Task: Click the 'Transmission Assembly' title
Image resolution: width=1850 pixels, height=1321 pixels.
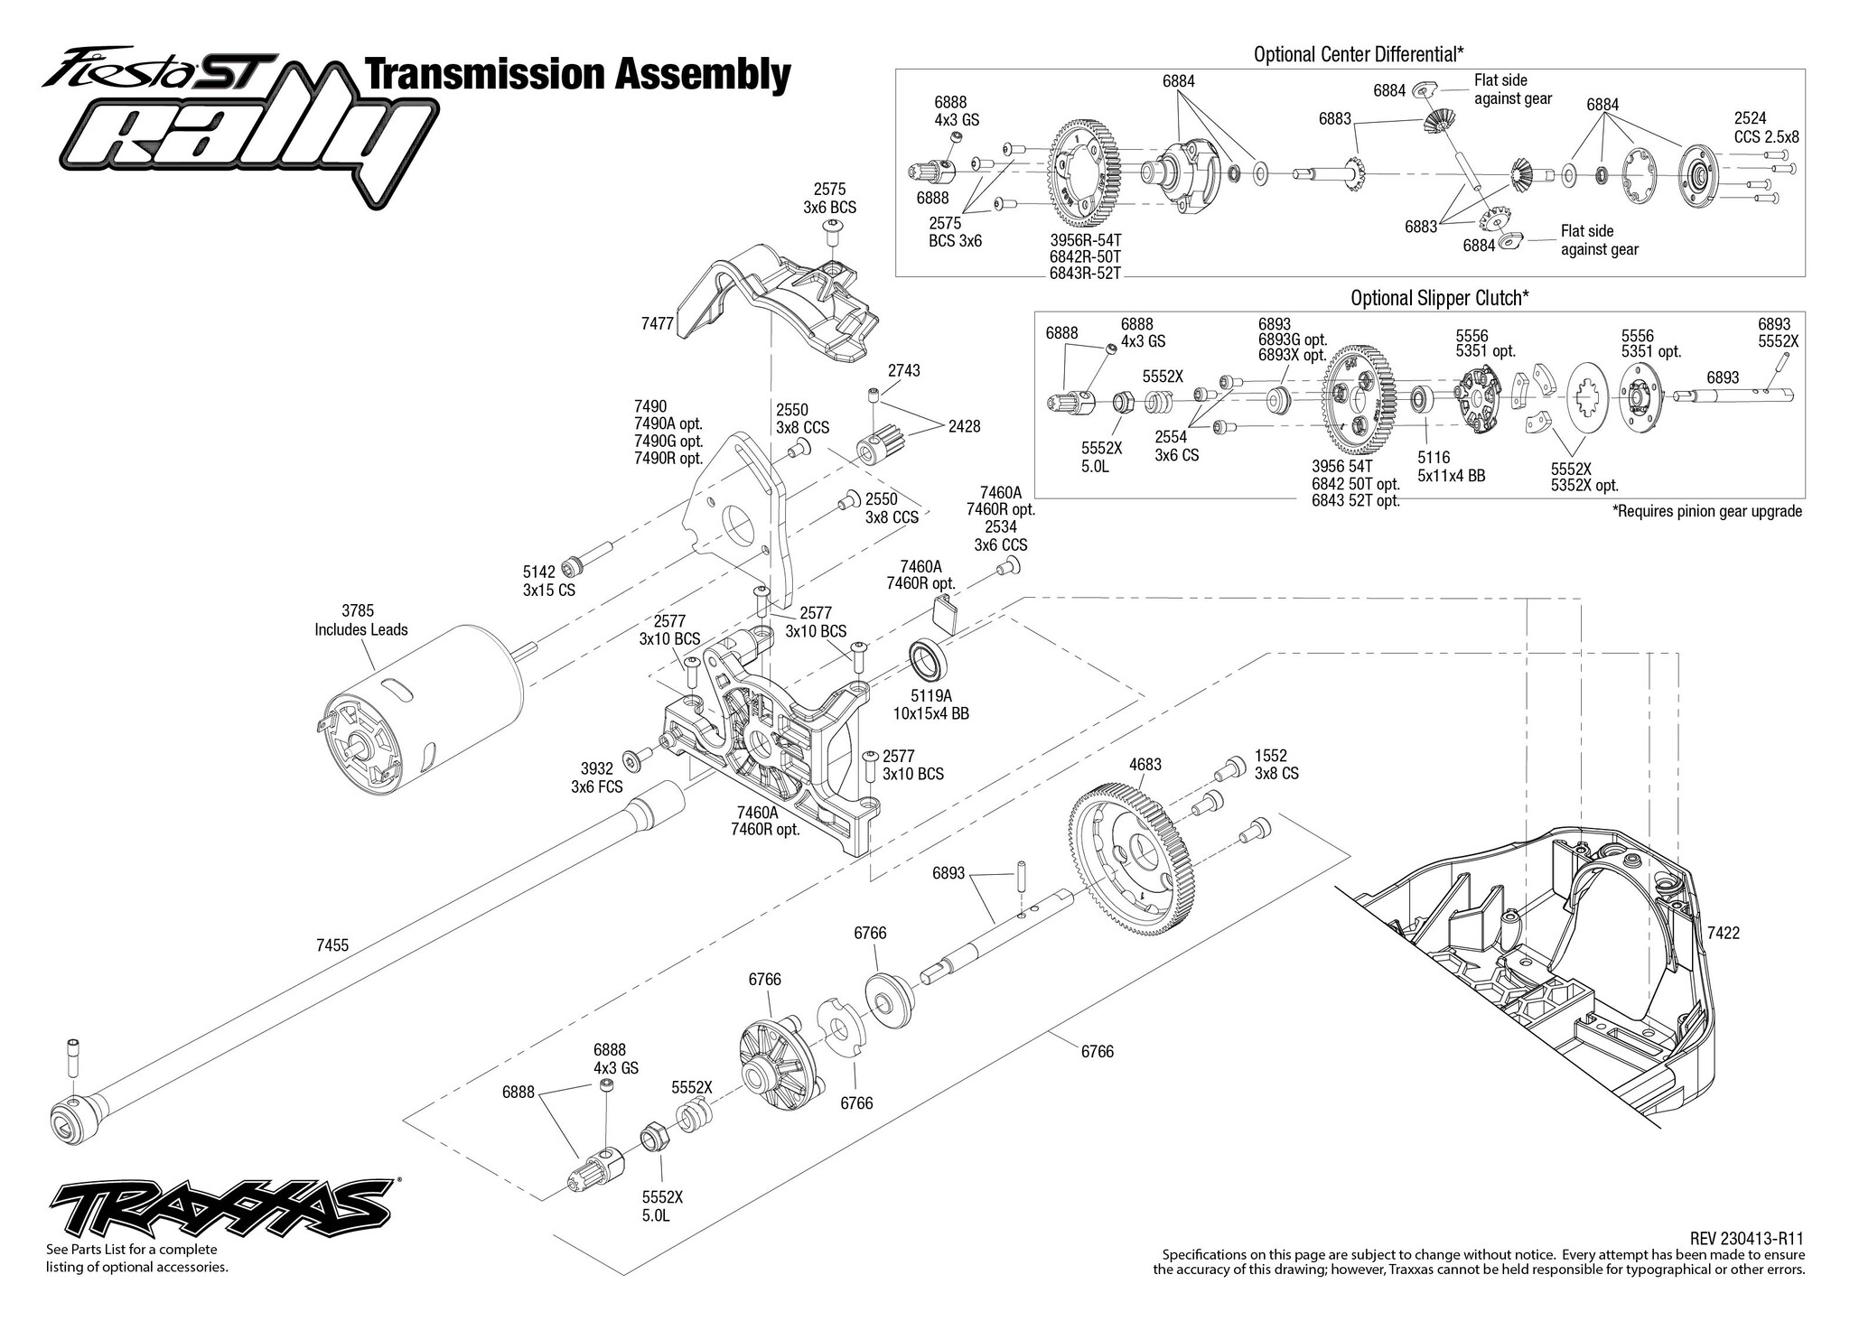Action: point(576,75)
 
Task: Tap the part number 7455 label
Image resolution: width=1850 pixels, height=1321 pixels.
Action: point(332,945)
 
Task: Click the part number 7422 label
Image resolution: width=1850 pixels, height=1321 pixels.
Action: point(1723,935)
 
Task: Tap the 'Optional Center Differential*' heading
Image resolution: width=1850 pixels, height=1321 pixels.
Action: point(1359,54)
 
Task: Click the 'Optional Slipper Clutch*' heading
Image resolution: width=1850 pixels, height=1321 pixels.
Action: point(1440,297)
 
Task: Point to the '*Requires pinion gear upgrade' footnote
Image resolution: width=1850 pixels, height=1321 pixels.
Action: point(1707,511)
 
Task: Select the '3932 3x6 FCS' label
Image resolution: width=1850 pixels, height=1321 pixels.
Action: point(596,777)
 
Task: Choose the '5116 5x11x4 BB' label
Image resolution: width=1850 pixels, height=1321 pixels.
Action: point(1452,467)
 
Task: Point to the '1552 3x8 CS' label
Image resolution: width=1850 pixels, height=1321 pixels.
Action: point(1276,765)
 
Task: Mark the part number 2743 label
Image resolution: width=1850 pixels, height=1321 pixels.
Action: point(904,370)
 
